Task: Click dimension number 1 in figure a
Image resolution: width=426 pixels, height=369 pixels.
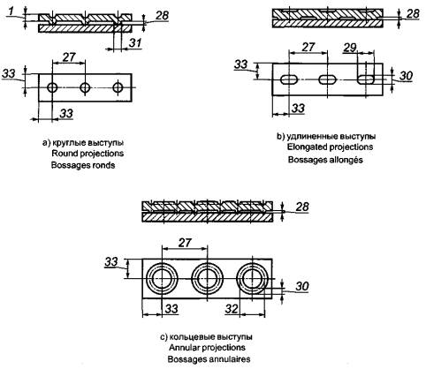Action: click(x=11, y=11)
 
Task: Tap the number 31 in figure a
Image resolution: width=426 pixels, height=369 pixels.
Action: click(x=135, y=43)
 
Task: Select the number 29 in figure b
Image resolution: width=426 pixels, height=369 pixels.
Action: click(x=350, y=48)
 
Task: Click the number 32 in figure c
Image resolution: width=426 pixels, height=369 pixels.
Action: click(x=232, y=309)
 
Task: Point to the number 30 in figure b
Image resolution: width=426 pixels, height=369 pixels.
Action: click(x=406, y=76)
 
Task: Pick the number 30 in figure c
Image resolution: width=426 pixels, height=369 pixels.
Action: click(x=302, y=286)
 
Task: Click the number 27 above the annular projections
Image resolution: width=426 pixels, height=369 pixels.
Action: click(x=185, y=243)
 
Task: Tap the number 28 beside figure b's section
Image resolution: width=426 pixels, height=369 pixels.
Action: click(x=413, y=13)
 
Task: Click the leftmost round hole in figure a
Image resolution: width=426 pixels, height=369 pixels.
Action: click(x=52, y=87)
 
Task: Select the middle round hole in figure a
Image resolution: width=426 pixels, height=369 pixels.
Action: click(x=85, y=87)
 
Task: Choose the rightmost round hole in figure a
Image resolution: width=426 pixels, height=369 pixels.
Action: click(x=118, y=87)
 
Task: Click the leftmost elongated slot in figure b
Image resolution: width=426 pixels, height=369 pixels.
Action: click(x=289, y=79)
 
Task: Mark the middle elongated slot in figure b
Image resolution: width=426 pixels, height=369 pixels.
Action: click(x=327, y=79)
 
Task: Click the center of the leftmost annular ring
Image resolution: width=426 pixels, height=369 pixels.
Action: click(x=162, y=278)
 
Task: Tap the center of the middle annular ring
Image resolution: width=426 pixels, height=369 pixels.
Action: click(x=208, y=278)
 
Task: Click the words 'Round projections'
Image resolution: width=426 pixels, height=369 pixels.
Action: click(x=87, y=154)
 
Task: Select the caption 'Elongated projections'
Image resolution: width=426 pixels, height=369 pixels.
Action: click(x=330, y=147)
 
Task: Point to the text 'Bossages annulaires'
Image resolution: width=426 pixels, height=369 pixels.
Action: click(x=209, y=359)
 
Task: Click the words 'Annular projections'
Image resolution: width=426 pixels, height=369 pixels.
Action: click(x=207, y=348)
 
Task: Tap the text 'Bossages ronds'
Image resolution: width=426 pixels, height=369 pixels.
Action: click(x=83, y=165)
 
